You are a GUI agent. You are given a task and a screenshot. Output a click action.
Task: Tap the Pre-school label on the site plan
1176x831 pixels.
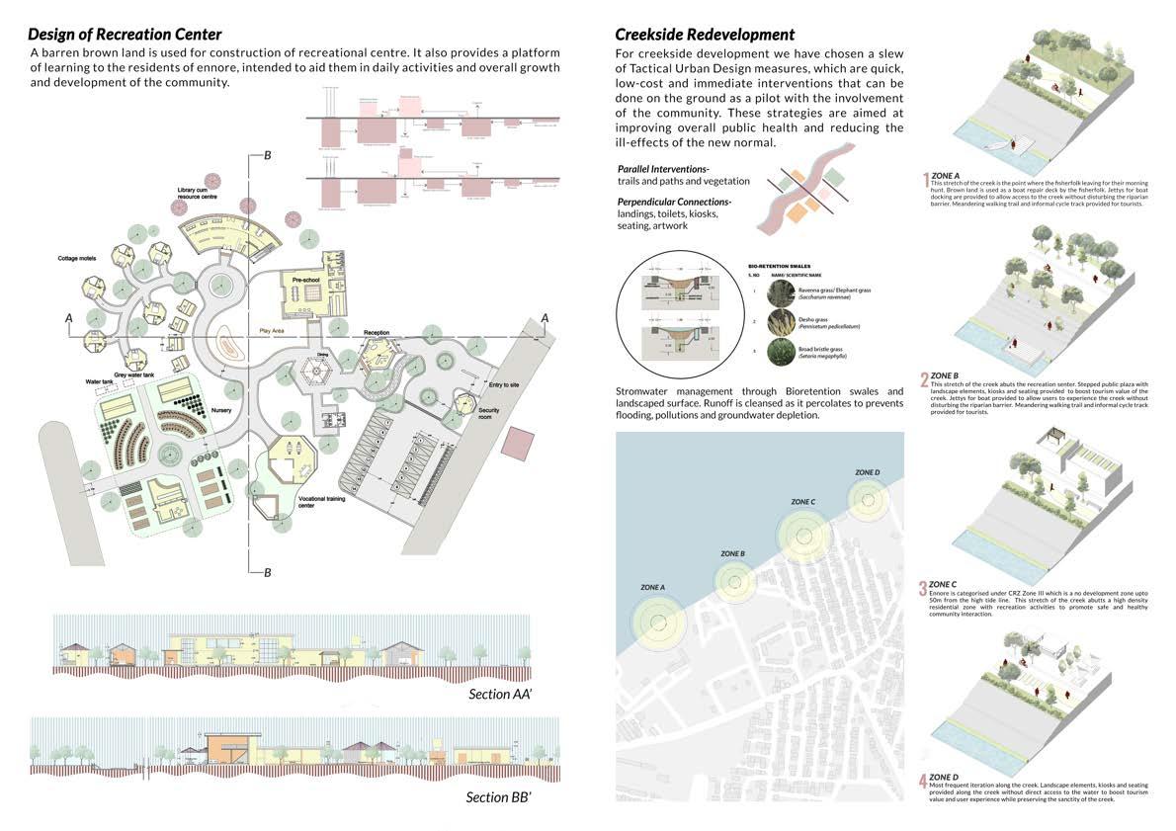(x=308, y=280)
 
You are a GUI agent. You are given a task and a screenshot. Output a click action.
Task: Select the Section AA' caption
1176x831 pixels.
(x=500, y=694)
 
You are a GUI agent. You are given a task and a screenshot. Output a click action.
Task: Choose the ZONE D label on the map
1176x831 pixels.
(x=867, y=473)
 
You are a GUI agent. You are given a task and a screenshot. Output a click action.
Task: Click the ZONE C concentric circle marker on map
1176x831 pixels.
(x=802, y=536)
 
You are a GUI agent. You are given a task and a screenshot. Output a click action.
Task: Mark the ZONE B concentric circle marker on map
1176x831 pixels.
(x=733, y=580)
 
